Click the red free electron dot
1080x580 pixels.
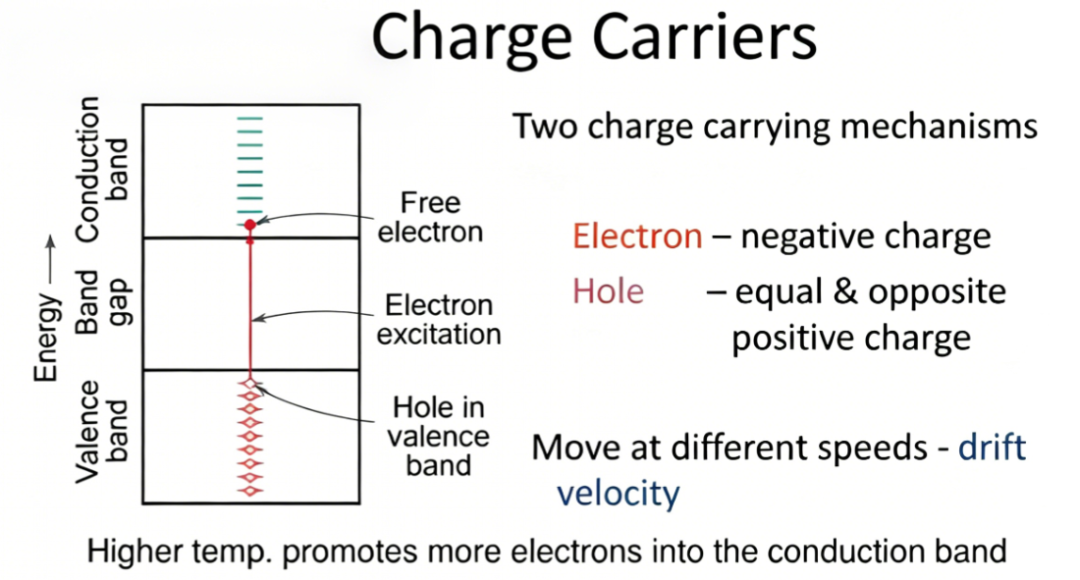tap(250, 225)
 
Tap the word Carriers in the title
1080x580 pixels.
tap(704, 37)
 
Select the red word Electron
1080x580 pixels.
tap(637, 236)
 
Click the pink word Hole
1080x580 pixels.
tap(608, 291)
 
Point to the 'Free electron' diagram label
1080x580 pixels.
tap(430, 217)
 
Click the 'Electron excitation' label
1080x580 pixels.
tap(439, 320)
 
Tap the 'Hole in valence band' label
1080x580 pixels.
tap(438, 436)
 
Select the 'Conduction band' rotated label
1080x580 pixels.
tap(103, 169)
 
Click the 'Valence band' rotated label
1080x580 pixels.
tap(103, 432)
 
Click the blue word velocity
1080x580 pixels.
tap(618, 493)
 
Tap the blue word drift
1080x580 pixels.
tap(992, 447)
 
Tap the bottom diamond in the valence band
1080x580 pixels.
tap(250, 490)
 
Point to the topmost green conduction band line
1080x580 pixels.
tap(250, 119)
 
